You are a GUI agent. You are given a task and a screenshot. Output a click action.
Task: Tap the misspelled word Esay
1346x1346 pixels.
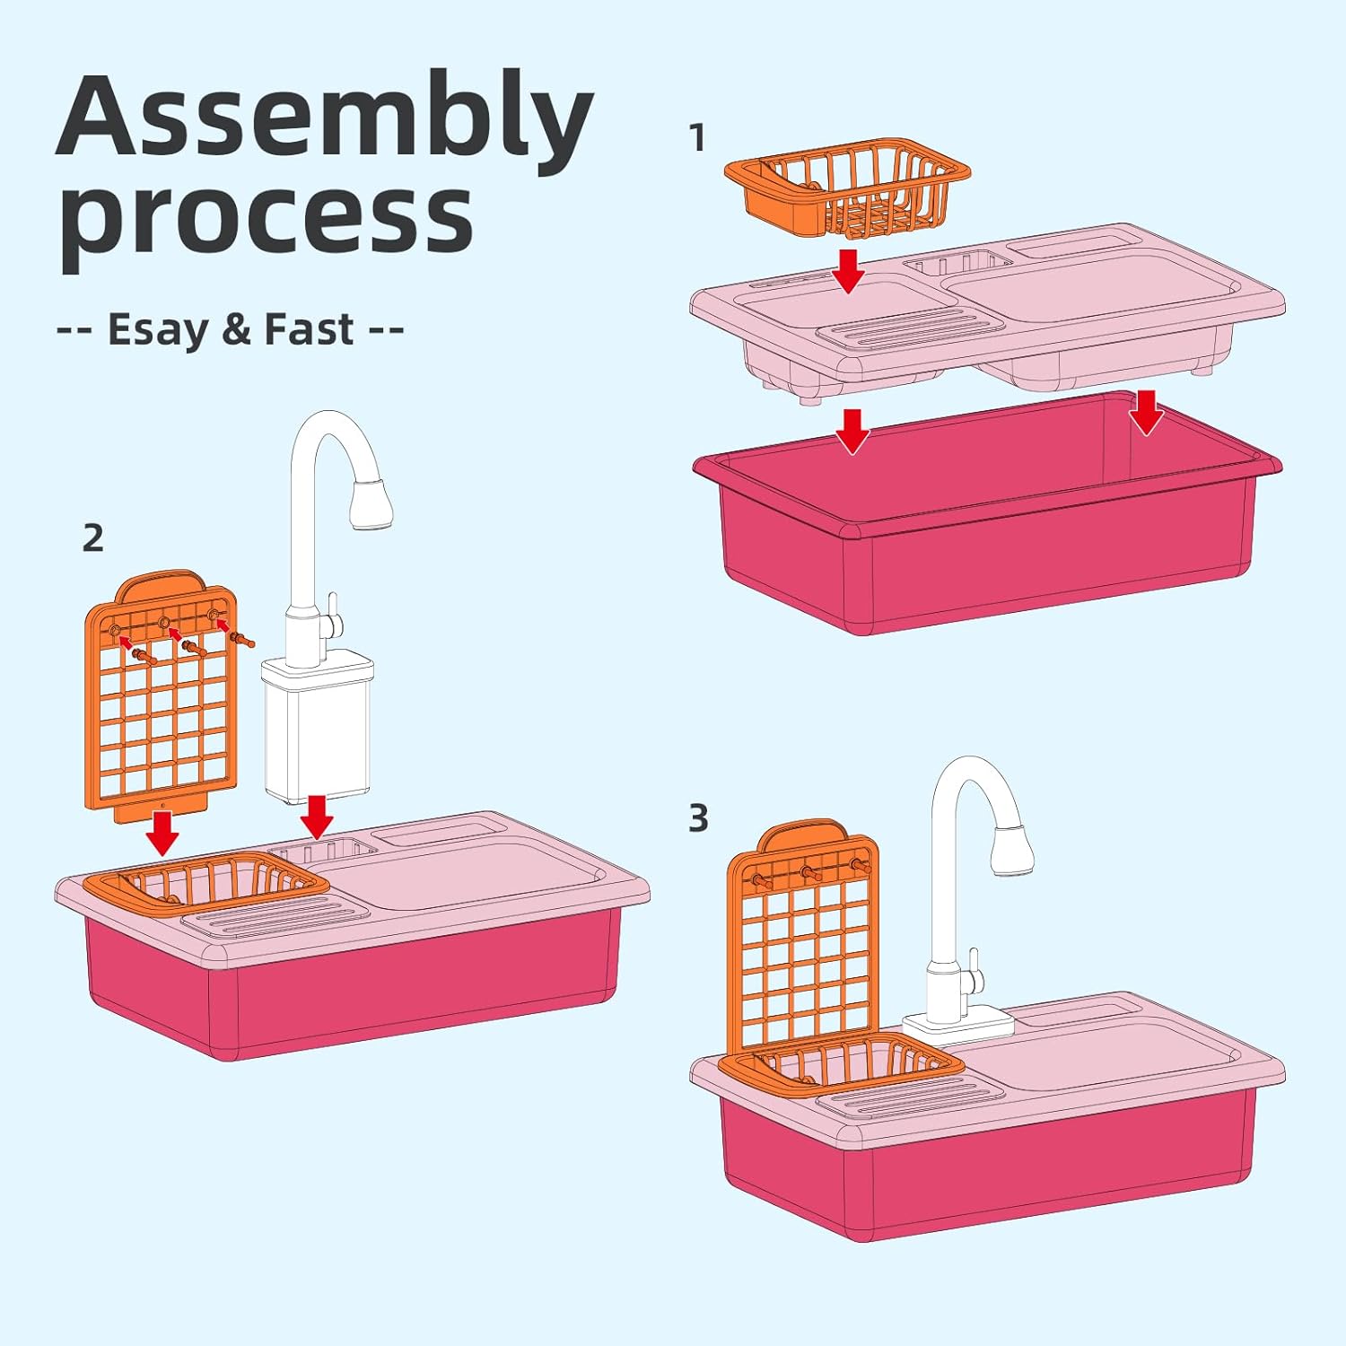(158, 329)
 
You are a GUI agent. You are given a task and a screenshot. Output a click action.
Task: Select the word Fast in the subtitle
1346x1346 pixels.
(309, 329)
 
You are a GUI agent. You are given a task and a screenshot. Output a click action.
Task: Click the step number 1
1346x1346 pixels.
(697, 137)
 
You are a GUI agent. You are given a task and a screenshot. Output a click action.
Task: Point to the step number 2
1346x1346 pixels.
(92, 538)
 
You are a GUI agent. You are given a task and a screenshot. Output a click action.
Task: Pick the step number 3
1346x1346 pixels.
(698, 818)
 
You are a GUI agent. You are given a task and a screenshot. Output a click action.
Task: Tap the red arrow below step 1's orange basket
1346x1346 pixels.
(848, 271)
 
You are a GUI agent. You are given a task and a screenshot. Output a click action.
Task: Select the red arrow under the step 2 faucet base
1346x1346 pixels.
(317, 817)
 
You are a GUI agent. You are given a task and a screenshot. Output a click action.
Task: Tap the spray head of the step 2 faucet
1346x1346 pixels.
(371, 503)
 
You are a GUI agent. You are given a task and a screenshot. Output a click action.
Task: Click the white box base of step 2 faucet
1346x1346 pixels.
(319, 729)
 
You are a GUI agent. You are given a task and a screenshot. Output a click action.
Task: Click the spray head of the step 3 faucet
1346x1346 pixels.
(1013, 846)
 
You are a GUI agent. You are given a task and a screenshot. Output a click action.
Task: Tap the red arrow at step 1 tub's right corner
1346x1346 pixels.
(1146, 413)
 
